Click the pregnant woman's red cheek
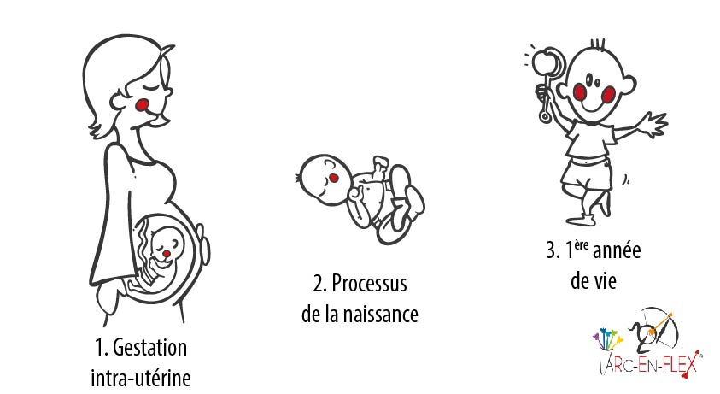[144, 104]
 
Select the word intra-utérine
[140, 376]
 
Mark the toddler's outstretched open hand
[654, 125]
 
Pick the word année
[612, 251]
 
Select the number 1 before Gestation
[100, 349]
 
